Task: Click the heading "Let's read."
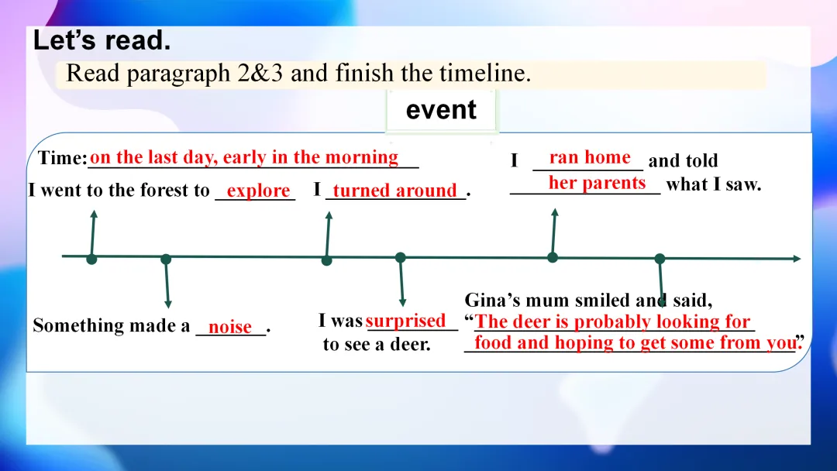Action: [x=102, y=40]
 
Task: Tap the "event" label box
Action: [x=441, y=110]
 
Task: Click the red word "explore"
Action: [x=258, y=191]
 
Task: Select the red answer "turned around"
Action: [x=395, y=191]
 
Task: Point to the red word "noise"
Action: [x=230, y=326]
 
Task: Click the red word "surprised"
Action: [x=405, y=321]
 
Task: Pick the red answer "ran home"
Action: [x=590, y=157]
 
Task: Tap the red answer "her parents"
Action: [x=598, y=183]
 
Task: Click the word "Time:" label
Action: [x=63, y=158]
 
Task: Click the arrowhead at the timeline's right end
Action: [x=797, y=259]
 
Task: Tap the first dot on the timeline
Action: [x=91, y=260]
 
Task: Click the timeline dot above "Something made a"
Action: [x=166, y=260]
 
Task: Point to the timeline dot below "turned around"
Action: [x=327, y=260]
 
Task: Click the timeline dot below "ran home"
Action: [x=553, y=258]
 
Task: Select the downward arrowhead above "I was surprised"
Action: [x=402, y=303]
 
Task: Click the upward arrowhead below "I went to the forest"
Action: [x=94, y=214]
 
